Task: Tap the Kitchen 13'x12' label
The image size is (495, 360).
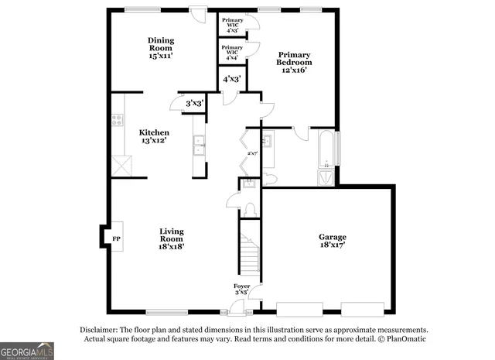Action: pos(154,136)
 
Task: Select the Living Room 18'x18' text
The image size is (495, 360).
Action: pos(172,238)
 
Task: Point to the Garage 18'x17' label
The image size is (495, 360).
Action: pos(333,240)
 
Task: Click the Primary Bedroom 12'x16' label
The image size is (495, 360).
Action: pos(294,62)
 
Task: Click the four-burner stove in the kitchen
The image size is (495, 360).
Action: pos(118,120)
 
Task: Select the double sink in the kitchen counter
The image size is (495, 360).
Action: pos(199,146)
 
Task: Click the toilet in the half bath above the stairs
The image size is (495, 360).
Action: pos(250,210)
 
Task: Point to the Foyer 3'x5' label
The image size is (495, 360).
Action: pos(242,290)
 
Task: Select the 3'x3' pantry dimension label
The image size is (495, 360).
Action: pos(194,103)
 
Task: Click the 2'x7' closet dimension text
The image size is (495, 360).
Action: pos(251,153)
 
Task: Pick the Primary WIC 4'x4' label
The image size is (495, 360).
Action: pos(232,53)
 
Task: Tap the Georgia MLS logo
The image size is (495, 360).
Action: pos(27,351)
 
